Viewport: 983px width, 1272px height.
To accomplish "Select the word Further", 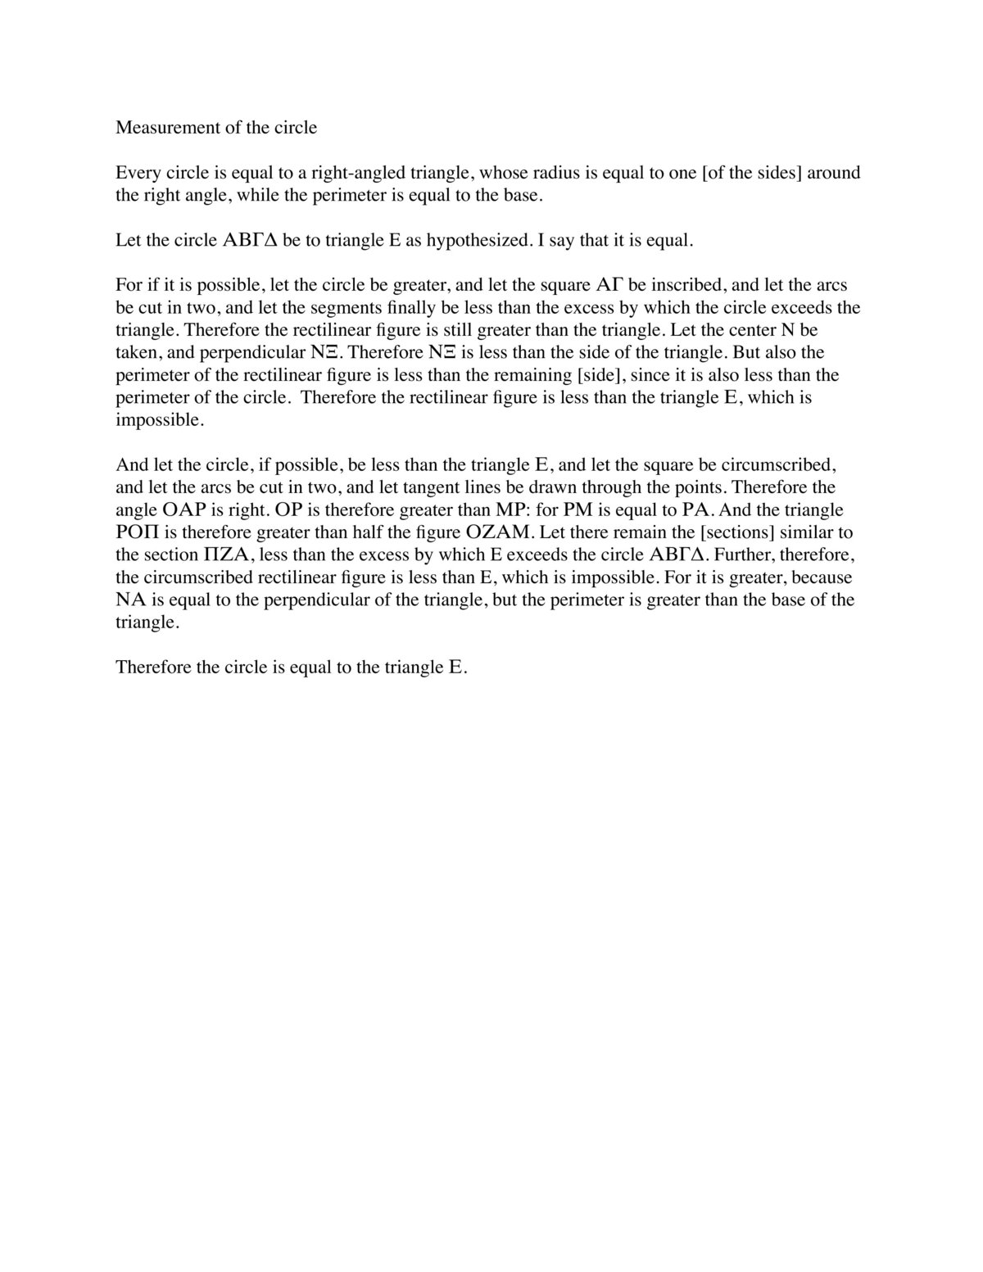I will [744, 555].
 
